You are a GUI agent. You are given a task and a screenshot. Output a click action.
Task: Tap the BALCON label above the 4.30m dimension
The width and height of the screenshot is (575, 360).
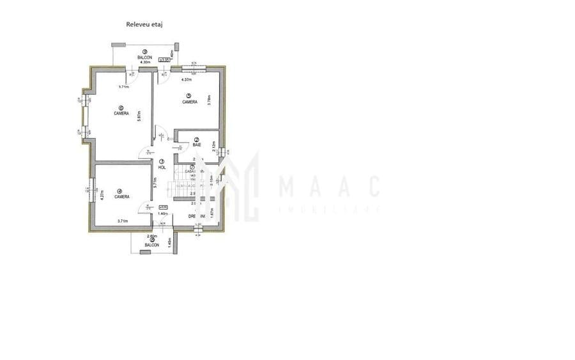pos(145,58)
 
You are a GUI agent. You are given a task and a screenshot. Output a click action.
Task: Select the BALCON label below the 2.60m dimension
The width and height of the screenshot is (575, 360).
pos(151,245)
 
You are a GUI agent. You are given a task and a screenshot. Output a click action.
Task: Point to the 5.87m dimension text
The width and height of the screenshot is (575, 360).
pos(138,115)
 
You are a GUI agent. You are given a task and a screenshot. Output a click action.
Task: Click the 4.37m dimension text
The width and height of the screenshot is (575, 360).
pos(187,80)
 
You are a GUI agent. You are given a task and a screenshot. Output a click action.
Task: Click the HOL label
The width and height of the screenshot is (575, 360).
pos(162,167)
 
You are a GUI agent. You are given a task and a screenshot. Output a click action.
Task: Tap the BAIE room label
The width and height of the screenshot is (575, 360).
pos(197,146)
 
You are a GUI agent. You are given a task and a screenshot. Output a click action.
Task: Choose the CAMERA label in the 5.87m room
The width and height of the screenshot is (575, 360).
pos(121,113)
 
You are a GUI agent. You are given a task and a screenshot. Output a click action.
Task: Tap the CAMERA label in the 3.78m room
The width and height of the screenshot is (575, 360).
pos(189,102)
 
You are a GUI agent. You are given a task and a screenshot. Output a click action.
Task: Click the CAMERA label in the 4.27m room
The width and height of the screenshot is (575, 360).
pos(122,196)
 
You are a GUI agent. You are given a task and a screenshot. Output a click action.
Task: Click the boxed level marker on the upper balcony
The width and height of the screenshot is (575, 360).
pos(165,59)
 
